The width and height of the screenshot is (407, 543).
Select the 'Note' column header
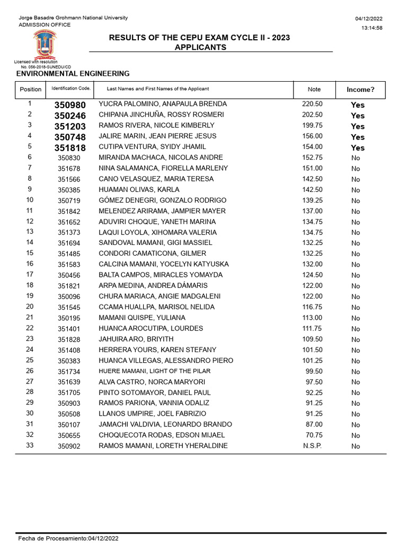click(314, 90)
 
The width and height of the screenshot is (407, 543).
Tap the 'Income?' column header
click(360, 90)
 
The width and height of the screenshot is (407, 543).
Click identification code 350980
click(70, 105)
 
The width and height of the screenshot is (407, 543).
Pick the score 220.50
click(312, 104)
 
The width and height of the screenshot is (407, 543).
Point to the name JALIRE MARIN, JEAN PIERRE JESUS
click(158, 136)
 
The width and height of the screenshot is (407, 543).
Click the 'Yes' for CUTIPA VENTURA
click(358, 148)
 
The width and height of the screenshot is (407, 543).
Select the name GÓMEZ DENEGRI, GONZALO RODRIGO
click(163, 200)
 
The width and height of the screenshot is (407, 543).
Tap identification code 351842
click(69, 212)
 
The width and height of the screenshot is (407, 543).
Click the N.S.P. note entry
click(312, 446)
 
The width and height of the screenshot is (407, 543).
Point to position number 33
click(30, 445)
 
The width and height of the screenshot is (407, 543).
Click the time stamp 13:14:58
click(372, 28)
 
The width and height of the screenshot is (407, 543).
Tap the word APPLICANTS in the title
click(200, 47)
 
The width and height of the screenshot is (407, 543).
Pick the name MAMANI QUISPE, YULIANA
click(142, 318)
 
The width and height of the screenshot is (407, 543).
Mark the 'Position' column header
click(30, 90)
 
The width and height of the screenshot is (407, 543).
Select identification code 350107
click(69, 425)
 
